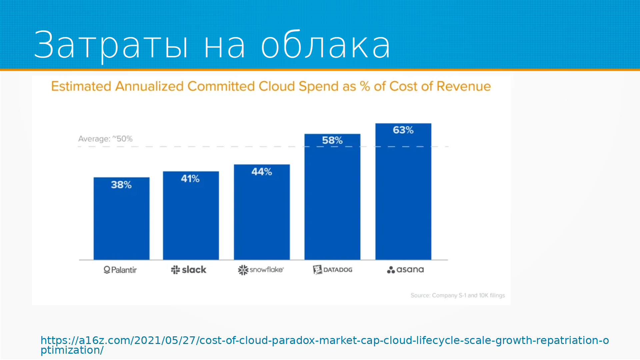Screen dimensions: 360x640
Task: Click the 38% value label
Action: [x=121, y=185]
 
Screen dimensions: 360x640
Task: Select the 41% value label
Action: [x=190, y=179]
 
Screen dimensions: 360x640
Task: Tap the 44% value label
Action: [x=262, y=172]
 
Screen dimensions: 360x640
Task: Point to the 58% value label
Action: [x=332, y=140]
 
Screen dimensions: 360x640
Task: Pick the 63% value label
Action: [x=403, y=130]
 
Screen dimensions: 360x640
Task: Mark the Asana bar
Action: [x=403, y=197]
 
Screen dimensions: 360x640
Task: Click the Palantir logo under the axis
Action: [x=120, y=270]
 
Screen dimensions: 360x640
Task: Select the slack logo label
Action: [x=189, y=270]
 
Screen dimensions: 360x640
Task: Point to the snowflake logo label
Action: [x=261, y=270]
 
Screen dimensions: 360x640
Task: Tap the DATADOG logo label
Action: [x=333, y=270]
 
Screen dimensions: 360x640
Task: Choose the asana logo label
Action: [x=405, y=270]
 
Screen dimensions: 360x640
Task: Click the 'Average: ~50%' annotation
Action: [x=105, y=139]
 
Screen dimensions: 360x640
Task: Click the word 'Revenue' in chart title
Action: [x=464, y=86]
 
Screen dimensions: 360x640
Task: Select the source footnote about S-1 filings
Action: [x=458, y=295]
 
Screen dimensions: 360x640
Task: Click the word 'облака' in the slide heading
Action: [x=325, y=45]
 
